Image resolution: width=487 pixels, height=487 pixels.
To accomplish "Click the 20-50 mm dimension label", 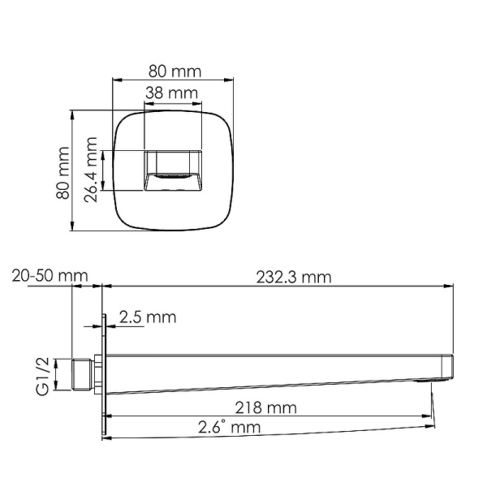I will (50, 277).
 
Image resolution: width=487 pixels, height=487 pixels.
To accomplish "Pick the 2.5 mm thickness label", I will (147, 317).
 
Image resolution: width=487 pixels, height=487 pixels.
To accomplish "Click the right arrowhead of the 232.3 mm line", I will (450, 286).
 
